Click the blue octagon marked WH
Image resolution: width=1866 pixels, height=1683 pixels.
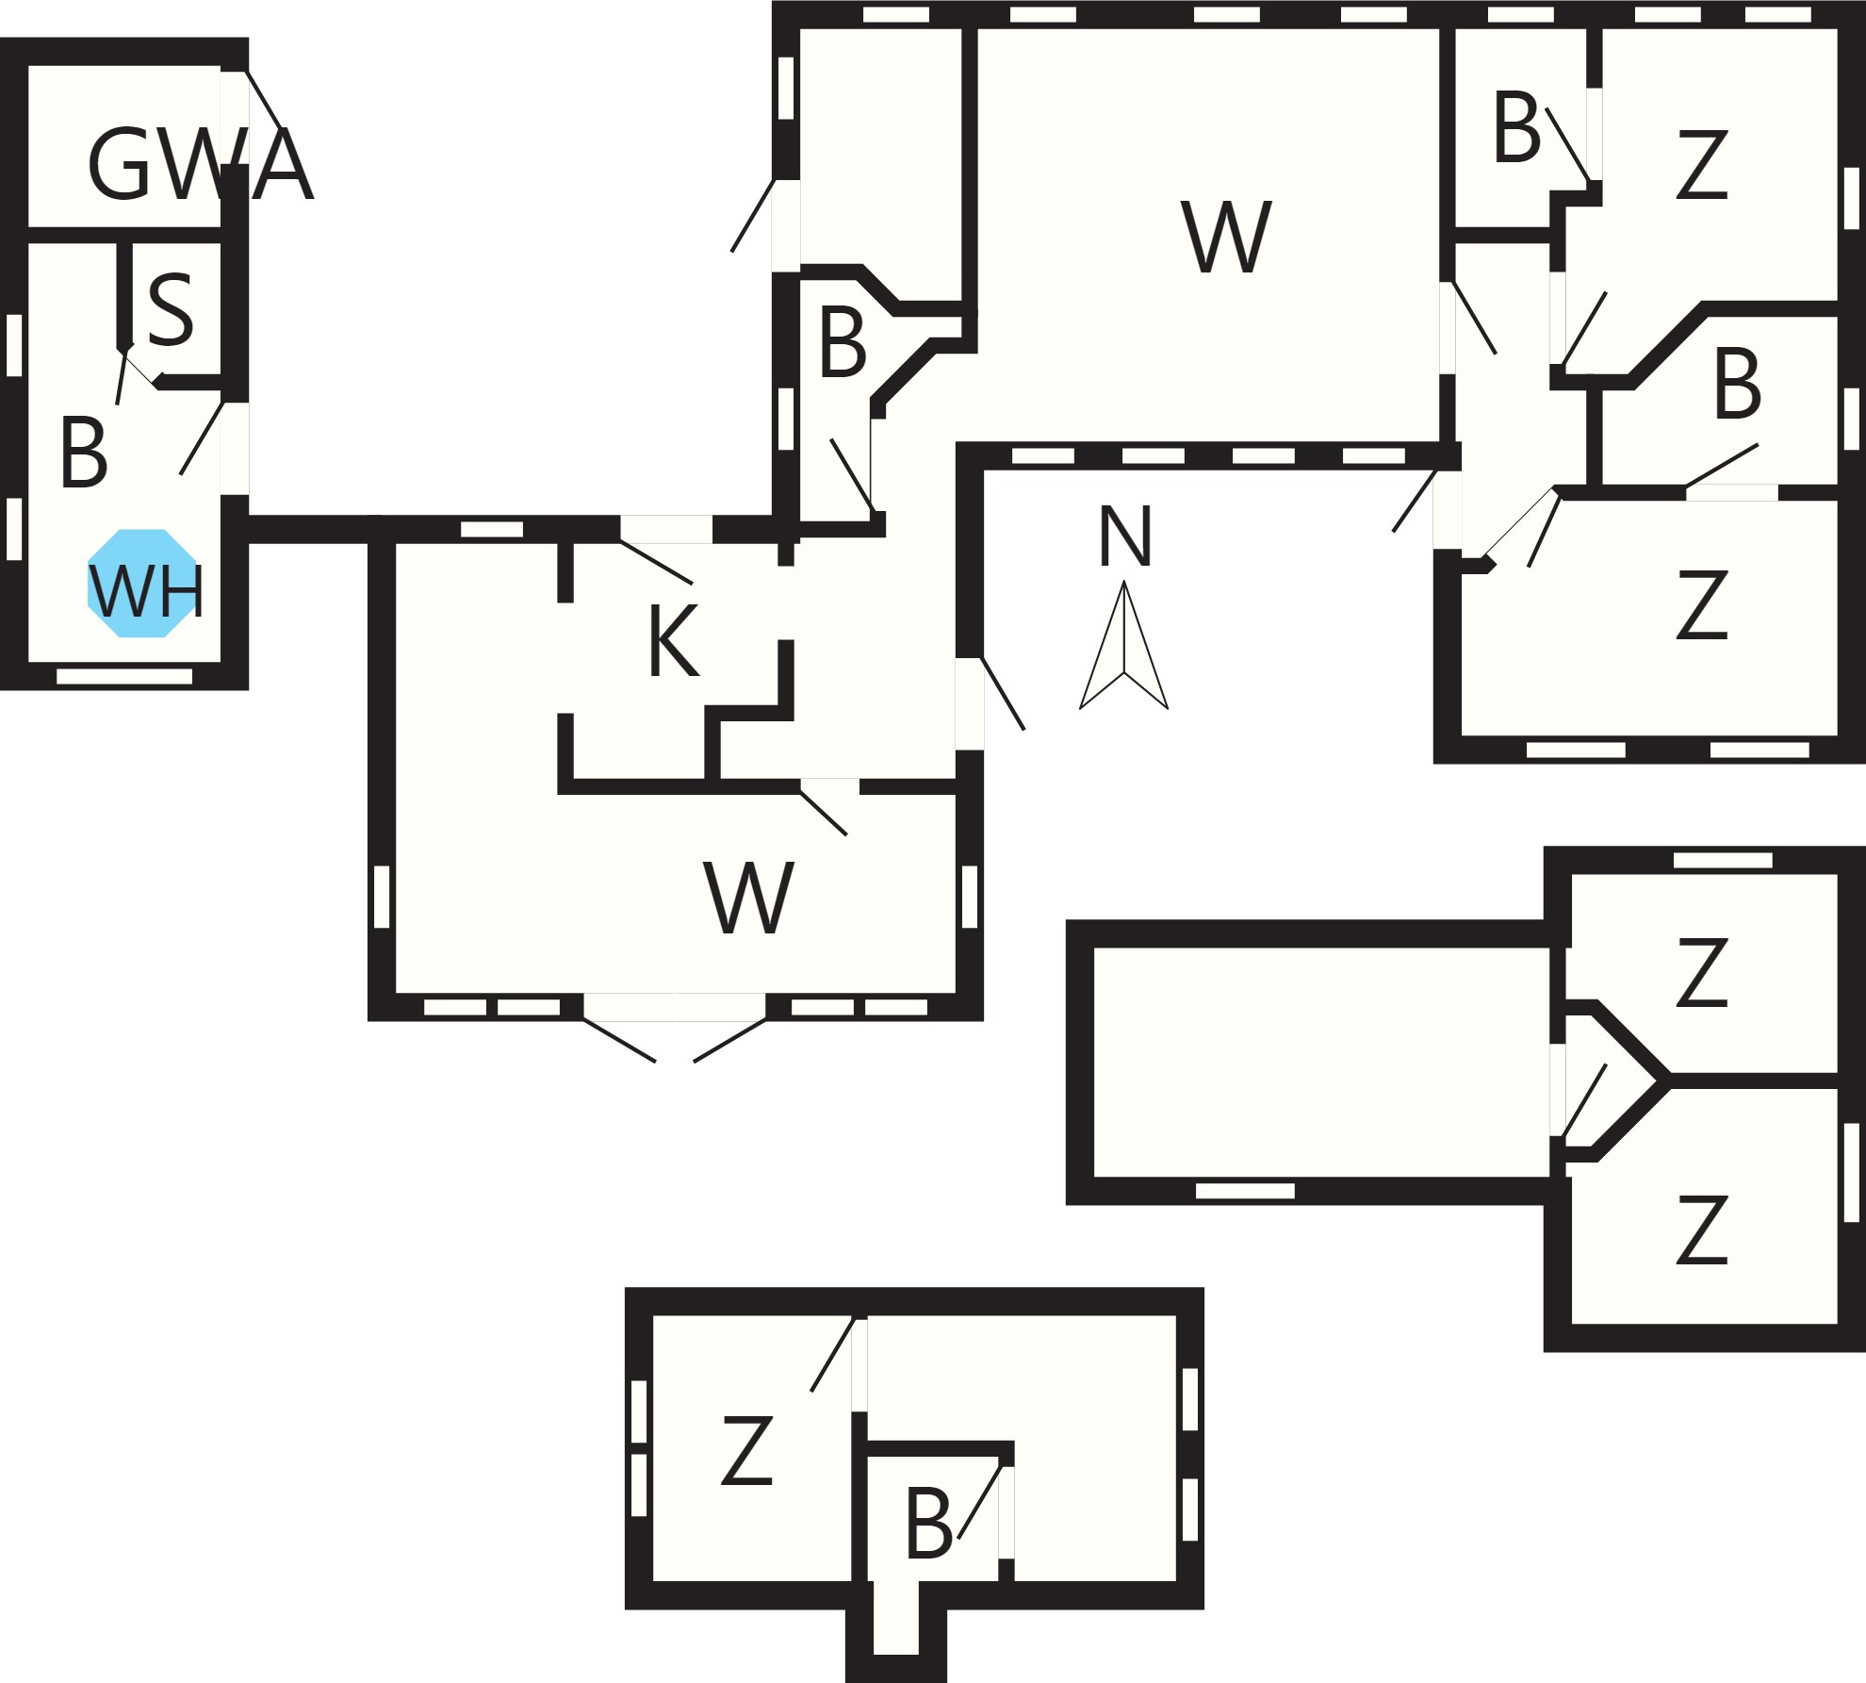click(x=143, y=583)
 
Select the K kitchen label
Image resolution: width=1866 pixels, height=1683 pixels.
click(x=674, y=641)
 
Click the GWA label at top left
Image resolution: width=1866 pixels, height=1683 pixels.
click(x=200, y=165)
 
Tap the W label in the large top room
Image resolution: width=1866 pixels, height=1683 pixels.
click(x=1226, y=237)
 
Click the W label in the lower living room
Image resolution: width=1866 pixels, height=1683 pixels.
click(x=749, y=897)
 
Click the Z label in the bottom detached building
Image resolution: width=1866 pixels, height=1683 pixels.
click(x=747, y=1451)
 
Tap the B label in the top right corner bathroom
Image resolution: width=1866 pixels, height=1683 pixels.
click(x=1516, y=127)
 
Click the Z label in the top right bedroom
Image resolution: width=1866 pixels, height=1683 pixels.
click(x=1702, y=165)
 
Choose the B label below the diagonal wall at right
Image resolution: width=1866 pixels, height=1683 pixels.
click(x=1737, y=384)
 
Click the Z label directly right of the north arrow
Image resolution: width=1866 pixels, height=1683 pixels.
click(x=1702, y=604)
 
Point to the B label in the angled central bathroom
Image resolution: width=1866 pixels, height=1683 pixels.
click(x=843, y=343)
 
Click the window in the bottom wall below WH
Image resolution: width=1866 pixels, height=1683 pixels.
click(x=124, y=676)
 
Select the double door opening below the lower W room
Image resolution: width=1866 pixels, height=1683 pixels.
click(x=675, y=1007)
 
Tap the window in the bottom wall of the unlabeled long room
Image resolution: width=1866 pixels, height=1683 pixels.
click(x=1245, y=1191)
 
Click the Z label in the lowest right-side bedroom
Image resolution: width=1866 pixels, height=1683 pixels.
click(x=1702, y=1230)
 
